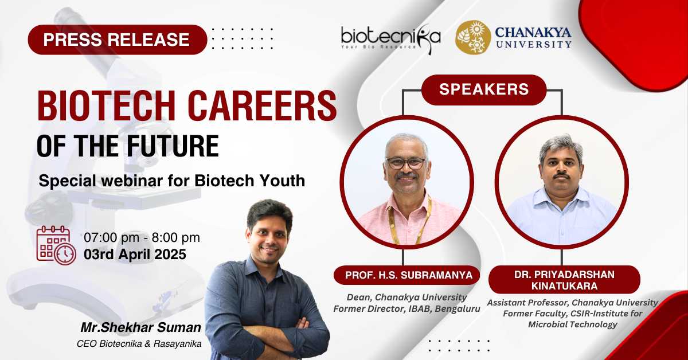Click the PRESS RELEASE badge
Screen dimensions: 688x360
(x=118, y=40)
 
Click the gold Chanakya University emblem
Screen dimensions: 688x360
(x=473, y=37)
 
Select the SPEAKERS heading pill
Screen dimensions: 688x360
(x=484, y=89)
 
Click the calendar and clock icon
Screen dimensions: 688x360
(x=56, y=245)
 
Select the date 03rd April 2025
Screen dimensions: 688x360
(x=135, y=255)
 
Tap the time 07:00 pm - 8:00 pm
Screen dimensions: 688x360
(x=142, y=238)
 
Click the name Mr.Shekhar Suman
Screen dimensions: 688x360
(x=141, y=327)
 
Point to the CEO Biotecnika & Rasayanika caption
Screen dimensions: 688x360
(x=139, y=344)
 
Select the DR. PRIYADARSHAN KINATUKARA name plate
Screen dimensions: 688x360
(x=564, y=280)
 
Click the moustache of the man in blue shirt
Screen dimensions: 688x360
(x=561, y=176)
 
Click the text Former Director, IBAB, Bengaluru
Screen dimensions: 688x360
(x=406, y=309)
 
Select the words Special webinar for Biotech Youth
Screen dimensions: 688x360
(x=171, y=181)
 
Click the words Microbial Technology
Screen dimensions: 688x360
(x=572, y=324)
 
